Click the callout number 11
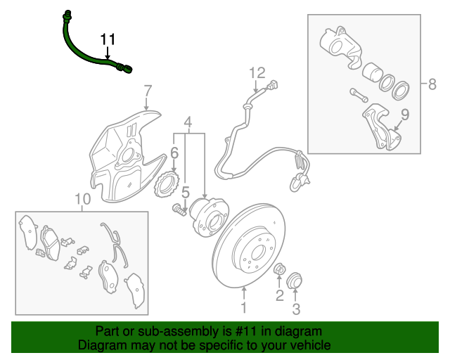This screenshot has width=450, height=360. click(x=107, y=39)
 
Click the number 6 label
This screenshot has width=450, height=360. click(x=174, y=153)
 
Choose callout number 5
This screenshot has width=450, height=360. click(x=186, y=191)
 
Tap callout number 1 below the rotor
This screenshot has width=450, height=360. click(x=244, y=307)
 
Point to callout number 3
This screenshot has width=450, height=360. click(x=296, y=309)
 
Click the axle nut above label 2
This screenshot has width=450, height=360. click(x=278, y=269)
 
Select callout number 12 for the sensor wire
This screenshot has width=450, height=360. click(x=257, y=72)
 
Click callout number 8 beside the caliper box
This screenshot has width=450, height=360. click(x=432, y=84)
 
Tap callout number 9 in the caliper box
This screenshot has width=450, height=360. click(x=405, y=114)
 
